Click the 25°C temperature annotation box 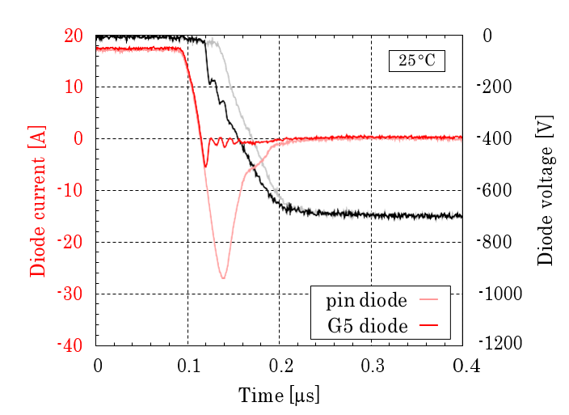click(416, 61)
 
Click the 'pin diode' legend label click(366, 302)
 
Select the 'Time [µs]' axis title click(279, 396)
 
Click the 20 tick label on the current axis click(74, 36)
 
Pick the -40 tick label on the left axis click(71, 345)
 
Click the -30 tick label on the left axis click(71, 294)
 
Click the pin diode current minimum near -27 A click(222, 277)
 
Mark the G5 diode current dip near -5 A click(205, 166)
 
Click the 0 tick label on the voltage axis click(487, 36)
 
